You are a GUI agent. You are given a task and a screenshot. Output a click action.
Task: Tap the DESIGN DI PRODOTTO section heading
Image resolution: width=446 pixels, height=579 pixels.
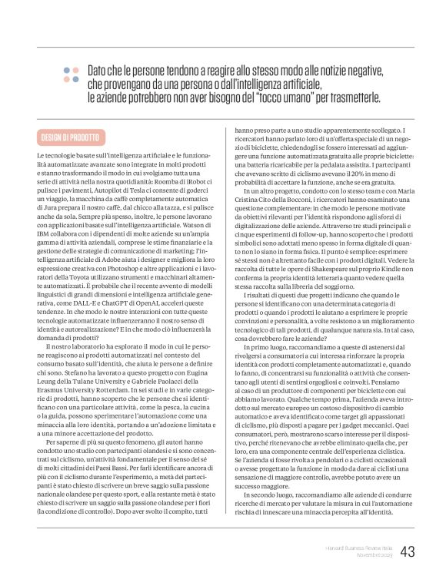pos(69,137)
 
